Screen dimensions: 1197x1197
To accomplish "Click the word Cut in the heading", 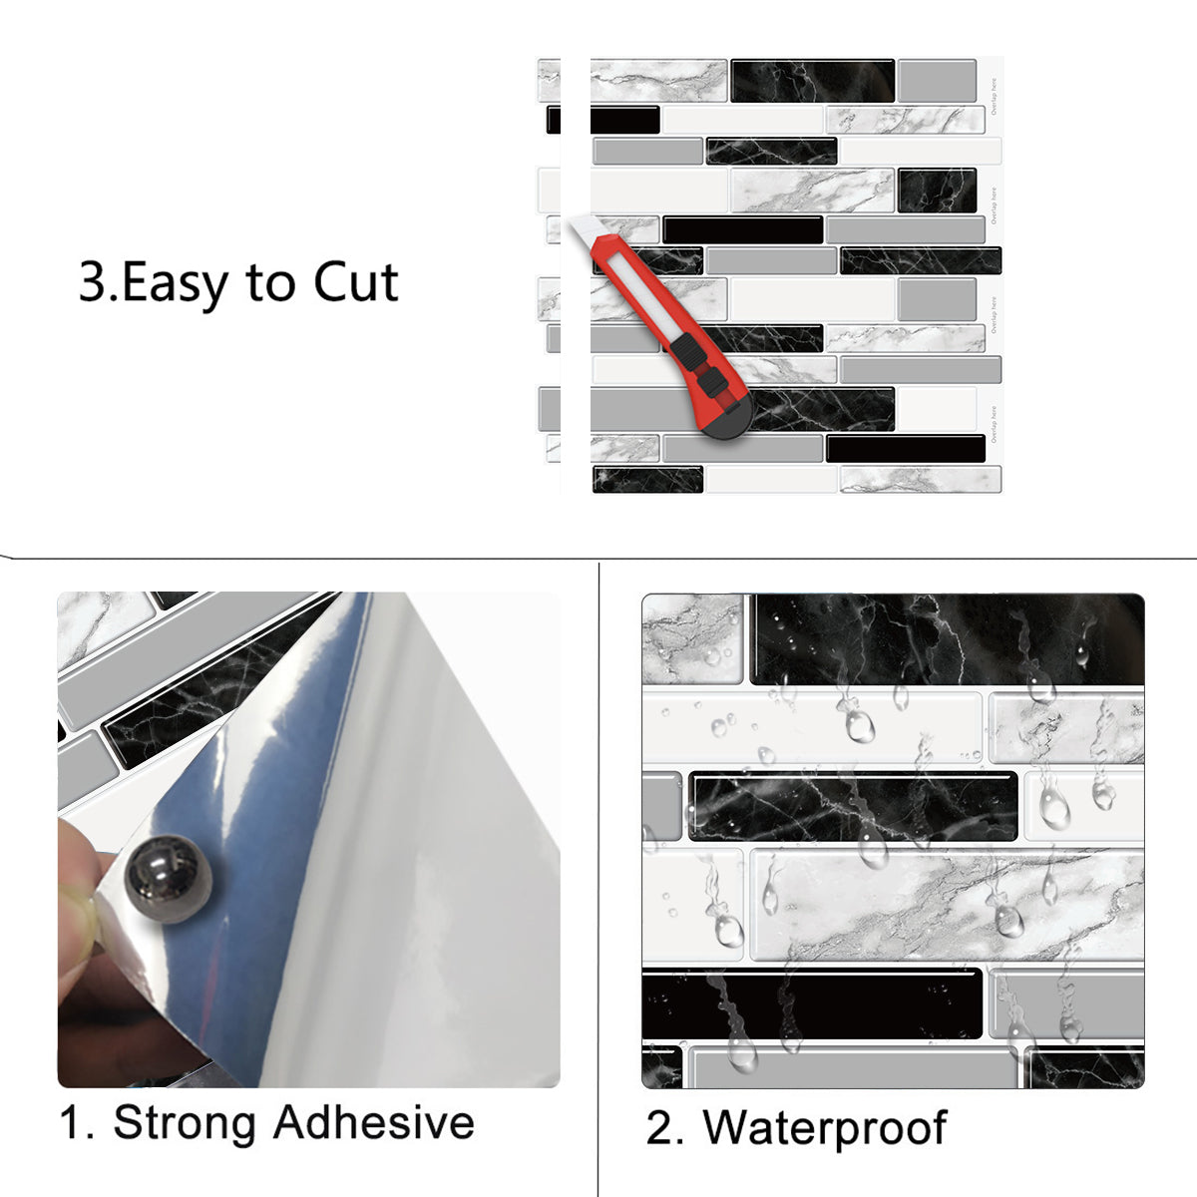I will click(x=356, y=282).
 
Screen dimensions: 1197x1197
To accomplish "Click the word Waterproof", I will click(x=824, y=1128).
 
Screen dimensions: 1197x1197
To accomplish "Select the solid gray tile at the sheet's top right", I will click(x=936, y=81).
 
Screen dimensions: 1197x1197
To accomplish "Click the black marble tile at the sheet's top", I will click(x=811, y=81).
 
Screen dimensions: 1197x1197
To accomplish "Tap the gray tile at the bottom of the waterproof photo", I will click(x=853, y=1067).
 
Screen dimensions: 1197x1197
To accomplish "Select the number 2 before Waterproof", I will click(x=661, y=1129).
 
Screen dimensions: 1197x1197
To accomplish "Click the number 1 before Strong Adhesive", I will click(x=76, y=1122).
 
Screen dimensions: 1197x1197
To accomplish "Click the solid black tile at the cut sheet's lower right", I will click(x=905, y=448).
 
